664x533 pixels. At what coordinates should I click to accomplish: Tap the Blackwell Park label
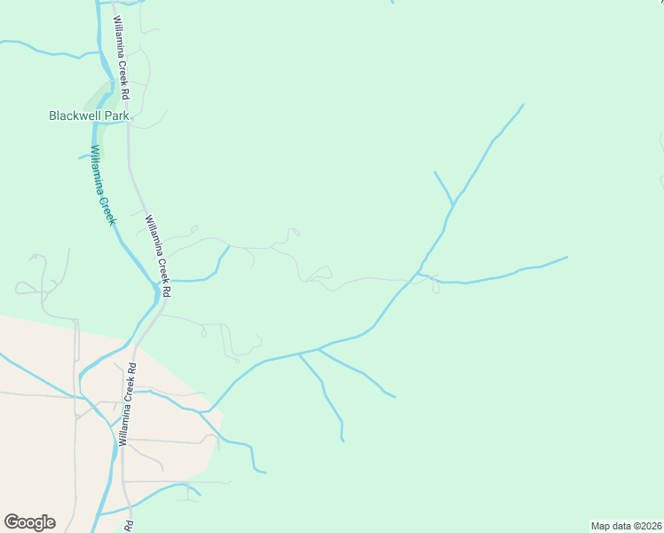[89, 115]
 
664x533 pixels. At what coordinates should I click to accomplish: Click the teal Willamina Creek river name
[103, 185]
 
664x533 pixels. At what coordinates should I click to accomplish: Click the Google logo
[29, 522]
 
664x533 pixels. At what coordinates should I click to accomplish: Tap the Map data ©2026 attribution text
[626, 525]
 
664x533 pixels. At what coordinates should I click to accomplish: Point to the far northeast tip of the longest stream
[523, 105]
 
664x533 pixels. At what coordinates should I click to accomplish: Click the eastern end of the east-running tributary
[566, 258]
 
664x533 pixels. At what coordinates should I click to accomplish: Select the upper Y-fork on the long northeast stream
[454, 206]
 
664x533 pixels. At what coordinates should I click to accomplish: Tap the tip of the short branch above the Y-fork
[434, 172]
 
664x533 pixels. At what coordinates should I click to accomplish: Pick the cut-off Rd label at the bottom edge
[129, 526]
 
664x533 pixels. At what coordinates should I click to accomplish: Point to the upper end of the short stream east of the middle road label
[229, 247]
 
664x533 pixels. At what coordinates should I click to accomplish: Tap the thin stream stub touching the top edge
[391, 3]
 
